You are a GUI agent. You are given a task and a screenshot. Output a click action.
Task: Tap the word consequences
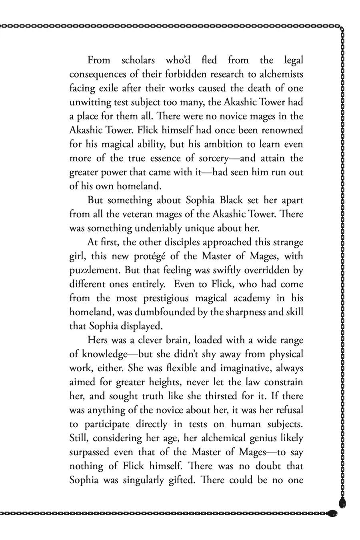point(100,74)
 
